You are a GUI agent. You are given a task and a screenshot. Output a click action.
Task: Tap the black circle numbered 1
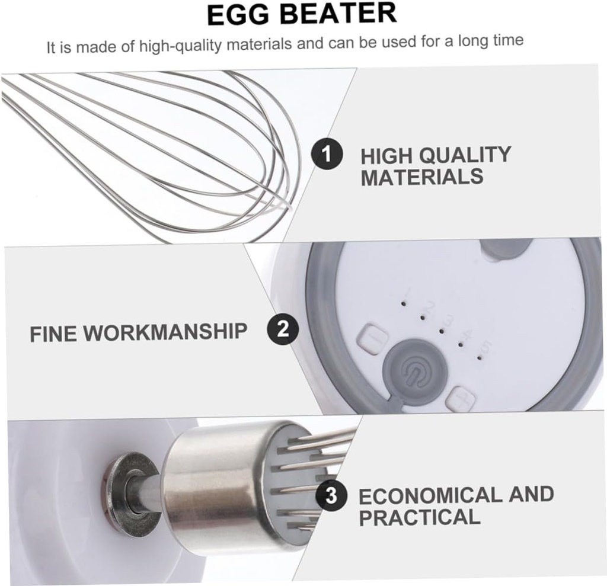click(327, 155)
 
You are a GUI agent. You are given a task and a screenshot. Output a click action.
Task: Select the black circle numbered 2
click(283, 329)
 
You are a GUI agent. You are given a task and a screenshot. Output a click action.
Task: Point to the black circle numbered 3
click(331, 495)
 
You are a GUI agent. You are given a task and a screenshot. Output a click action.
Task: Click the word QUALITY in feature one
click(465, 155)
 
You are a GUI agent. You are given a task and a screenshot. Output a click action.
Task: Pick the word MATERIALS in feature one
click(422, 177)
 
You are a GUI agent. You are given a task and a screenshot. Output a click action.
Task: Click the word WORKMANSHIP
click(165, 332)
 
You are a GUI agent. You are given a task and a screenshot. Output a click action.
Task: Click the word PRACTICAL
click(420, 517)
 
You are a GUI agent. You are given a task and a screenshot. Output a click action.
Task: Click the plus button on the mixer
click(461, 399)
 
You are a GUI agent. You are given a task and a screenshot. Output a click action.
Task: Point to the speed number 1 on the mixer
click(407, 291)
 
